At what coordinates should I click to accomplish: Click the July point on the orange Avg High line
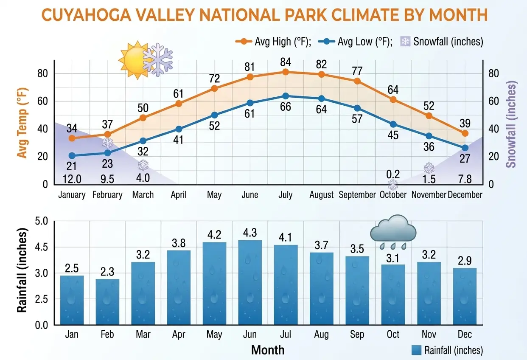pos(286,72)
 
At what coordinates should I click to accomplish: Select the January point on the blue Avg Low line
pos(72,156)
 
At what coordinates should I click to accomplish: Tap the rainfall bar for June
pos(250,282)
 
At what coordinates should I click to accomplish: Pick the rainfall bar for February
pos(107,302)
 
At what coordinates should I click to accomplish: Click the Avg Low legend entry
pos(356,42)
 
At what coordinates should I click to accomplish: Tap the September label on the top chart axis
pos(357,195)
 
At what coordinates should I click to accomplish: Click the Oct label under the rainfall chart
pos(393,335)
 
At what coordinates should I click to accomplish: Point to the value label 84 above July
pos(286,63)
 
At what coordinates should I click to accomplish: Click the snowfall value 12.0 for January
pos(72,179)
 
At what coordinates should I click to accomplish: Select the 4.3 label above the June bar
pos(250,233)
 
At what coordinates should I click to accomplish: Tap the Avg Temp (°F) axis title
pos(22,122)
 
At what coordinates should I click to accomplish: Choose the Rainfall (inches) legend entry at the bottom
pos(448,350)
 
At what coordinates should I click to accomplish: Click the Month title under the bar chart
pos(268,350)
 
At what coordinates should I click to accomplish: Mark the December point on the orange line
pos(465,133)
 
